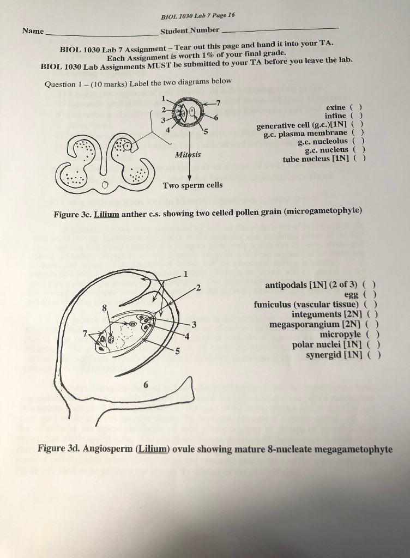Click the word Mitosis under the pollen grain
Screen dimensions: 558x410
point(188,155)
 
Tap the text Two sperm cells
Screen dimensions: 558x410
point(193,185)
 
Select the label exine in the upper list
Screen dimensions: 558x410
point(335,107)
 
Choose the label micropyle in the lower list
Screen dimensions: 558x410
point(340,334)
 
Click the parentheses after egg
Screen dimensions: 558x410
point(372,294)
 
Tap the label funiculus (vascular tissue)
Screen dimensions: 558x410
point(306,305)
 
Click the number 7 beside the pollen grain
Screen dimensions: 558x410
point(219,102)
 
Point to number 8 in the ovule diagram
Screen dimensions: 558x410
point(104,309)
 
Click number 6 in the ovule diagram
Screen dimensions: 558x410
point(146,385)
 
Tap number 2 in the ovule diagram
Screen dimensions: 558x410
point(198,287)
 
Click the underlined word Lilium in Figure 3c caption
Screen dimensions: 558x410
point(106,215)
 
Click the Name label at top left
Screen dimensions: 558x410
point(33,31)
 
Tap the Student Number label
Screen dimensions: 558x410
point(190,30)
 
